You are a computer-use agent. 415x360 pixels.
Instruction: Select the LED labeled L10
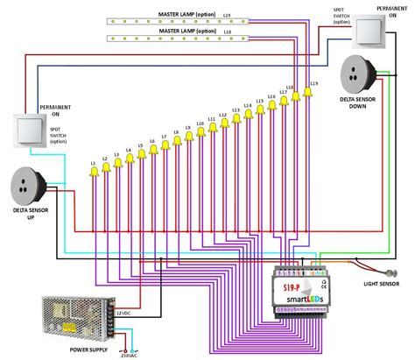200,132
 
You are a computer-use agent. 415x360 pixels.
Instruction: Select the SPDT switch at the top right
369,31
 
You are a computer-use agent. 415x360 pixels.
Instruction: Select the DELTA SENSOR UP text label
32,214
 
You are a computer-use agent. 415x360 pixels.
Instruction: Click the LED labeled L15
260,110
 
